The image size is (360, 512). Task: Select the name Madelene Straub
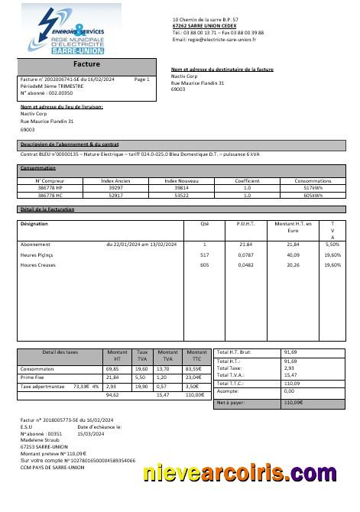point(43,439)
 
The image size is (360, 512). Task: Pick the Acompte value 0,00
point(291,390)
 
